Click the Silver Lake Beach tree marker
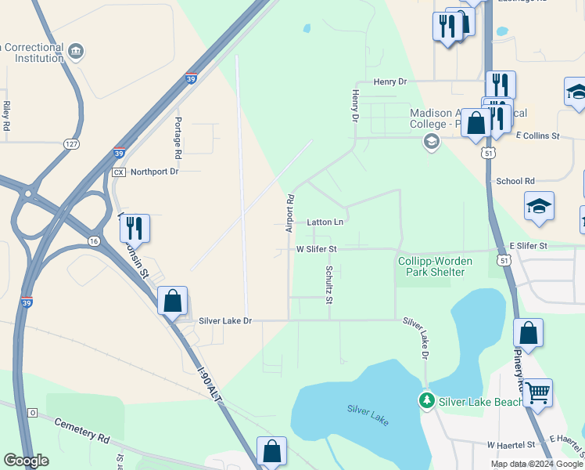coord(426,401)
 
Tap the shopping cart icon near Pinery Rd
coord(537,392)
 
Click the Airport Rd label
coord(289,213)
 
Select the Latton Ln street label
coord(325,222)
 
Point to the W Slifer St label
coord(316,249)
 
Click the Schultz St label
coord(329,284)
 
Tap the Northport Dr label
coord(154,172)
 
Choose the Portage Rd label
coord(178,134)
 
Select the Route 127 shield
coord(71,144)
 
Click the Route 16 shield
coord(95,240)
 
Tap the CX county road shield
coord(119,172)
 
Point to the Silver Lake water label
coord(368,414)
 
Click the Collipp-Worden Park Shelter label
coord(432,266)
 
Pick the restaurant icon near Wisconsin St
coord(135,228)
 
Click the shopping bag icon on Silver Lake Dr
coord(172,301)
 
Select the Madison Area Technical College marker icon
coord(430,142)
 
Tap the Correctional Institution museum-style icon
coord(77,52)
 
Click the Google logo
coord(26,461)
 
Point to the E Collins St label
coord(538,136)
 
